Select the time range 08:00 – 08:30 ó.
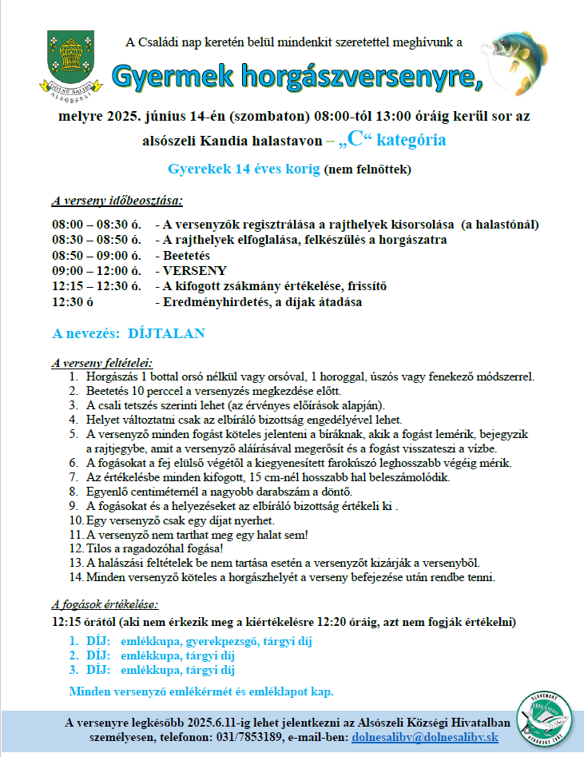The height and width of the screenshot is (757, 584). click(97, 224)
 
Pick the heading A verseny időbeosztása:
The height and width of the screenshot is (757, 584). click(117, 200)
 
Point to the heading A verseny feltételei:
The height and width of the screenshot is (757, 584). click(101, 362)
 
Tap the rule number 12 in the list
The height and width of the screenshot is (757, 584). click(76, 548)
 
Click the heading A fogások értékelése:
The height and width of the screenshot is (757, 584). click(105, 604)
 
